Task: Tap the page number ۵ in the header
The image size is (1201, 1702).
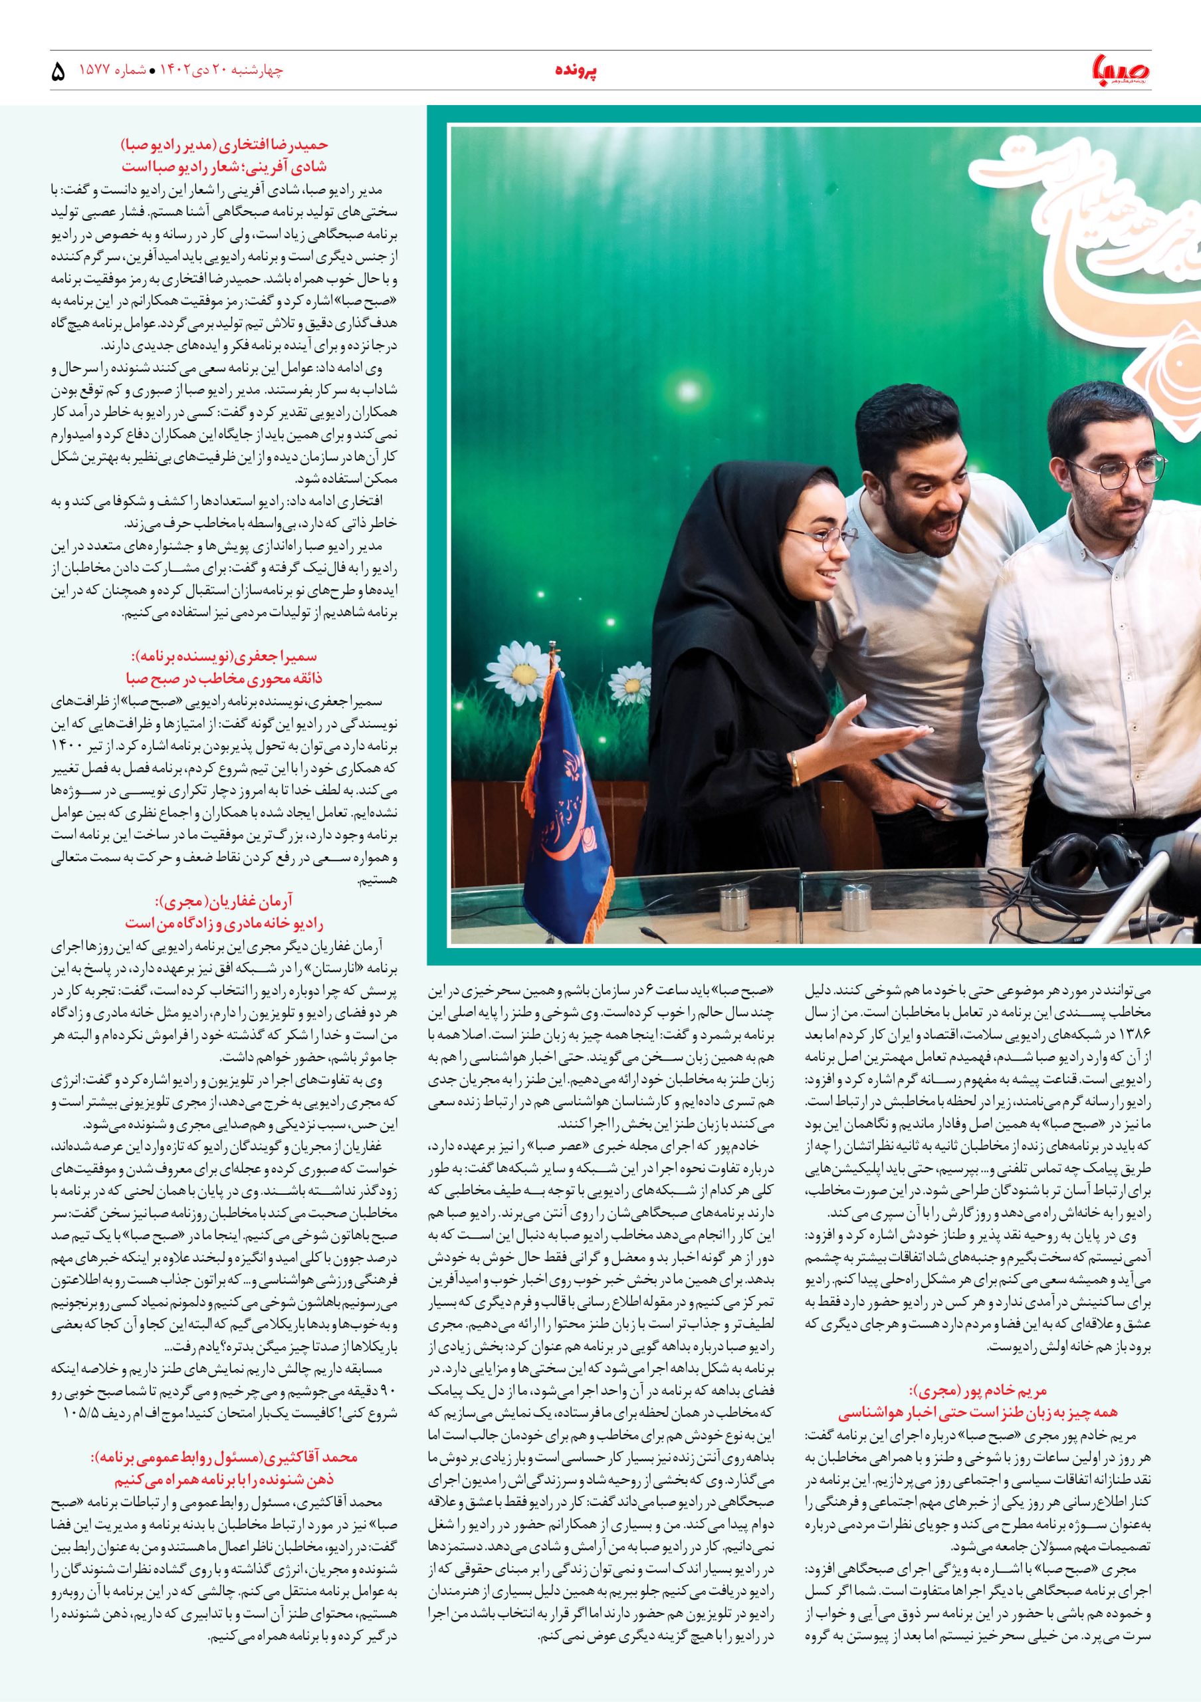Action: click(58, 72)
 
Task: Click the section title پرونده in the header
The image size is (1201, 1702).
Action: click(576, 70)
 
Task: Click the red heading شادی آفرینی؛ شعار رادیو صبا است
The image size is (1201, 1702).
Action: click(225, 167)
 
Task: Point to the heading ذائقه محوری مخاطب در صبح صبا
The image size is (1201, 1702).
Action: click(225, 678)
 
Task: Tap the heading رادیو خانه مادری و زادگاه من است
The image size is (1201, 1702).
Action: click(225, 923)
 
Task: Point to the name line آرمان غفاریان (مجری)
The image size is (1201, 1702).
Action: click(225, 902)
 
